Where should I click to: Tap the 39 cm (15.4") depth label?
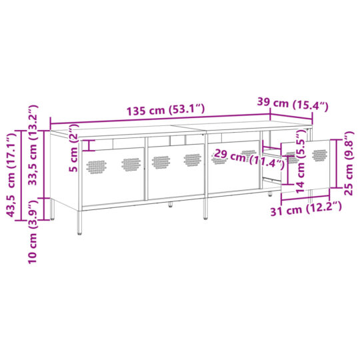click(294, 104)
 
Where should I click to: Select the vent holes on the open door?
click(320, 155)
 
